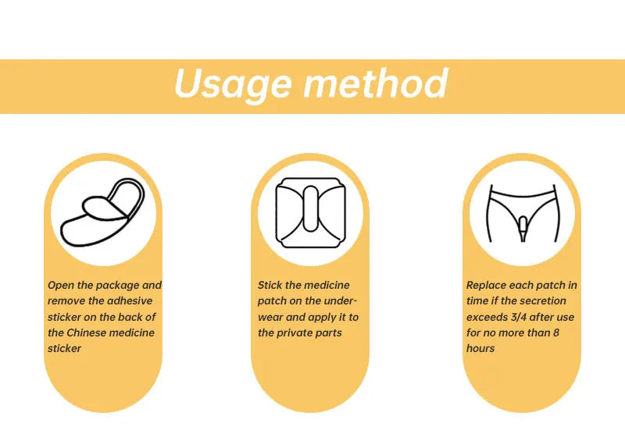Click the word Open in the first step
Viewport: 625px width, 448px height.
tap(62, 286)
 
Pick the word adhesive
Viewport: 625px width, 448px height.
tap(130, 301)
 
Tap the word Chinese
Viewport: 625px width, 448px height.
tap(92, 332)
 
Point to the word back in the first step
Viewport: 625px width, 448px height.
tap(129, 317)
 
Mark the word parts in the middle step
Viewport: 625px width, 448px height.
tap(330, 332)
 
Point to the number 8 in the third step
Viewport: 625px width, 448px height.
tap(555, 332)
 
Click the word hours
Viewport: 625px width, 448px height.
tap(480, 348)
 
